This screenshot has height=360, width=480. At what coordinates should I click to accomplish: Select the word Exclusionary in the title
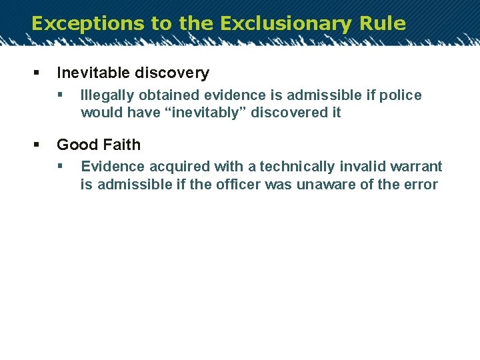[x=285, y=23]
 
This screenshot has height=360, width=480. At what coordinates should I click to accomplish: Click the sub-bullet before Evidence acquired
[x=60, y=166]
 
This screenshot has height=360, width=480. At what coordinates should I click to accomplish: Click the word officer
[x=238, y=184]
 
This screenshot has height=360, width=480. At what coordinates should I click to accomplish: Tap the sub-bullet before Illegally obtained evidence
[x=60, y=95]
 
